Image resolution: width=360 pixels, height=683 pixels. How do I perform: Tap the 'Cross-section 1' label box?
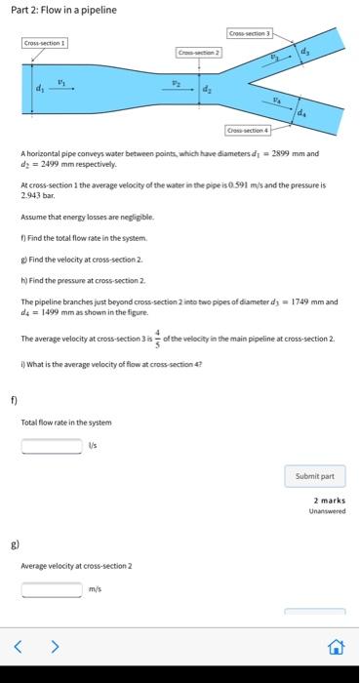[45, 44]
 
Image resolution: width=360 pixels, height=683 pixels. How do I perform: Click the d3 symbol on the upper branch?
[303, 51]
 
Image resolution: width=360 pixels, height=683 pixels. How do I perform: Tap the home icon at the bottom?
[336, 645]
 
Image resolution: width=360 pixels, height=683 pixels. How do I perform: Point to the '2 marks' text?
[332, 501]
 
